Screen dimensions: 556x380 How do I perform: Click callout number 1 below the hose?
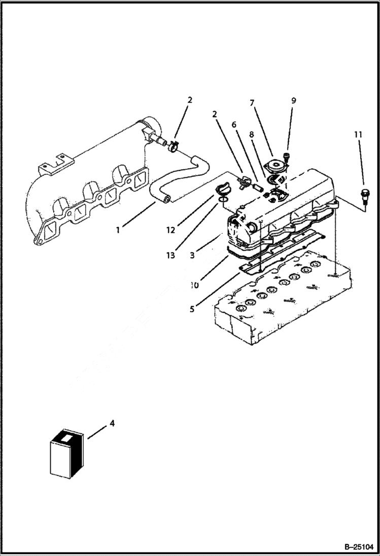pyautogui.click(x=118, y=230)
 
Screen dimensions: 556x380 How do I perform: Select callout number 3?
pyautogui.click(x=192, y=256)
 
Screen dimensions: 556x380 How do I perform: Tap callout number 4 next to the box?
pyautogui.click(x=112, y=423)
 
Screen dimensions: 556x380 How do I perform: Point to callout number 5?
pyautogui.click(x=192, y=308)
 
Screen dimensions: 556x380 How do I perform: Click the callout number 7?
pyautogui.click(x=252, y=103)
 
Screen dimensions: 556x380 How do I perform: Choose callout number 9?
pyautogui.click(x=293, y=100)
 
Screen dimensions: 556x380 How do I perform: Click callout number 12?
pyautogui.click(x=171, y=230)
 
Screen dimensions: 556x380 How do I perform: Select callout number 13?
pyautogui.click(x=171, y=255)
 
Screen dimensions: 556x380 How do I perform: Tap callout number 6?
pyautogui.click(x=234, y=124)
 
